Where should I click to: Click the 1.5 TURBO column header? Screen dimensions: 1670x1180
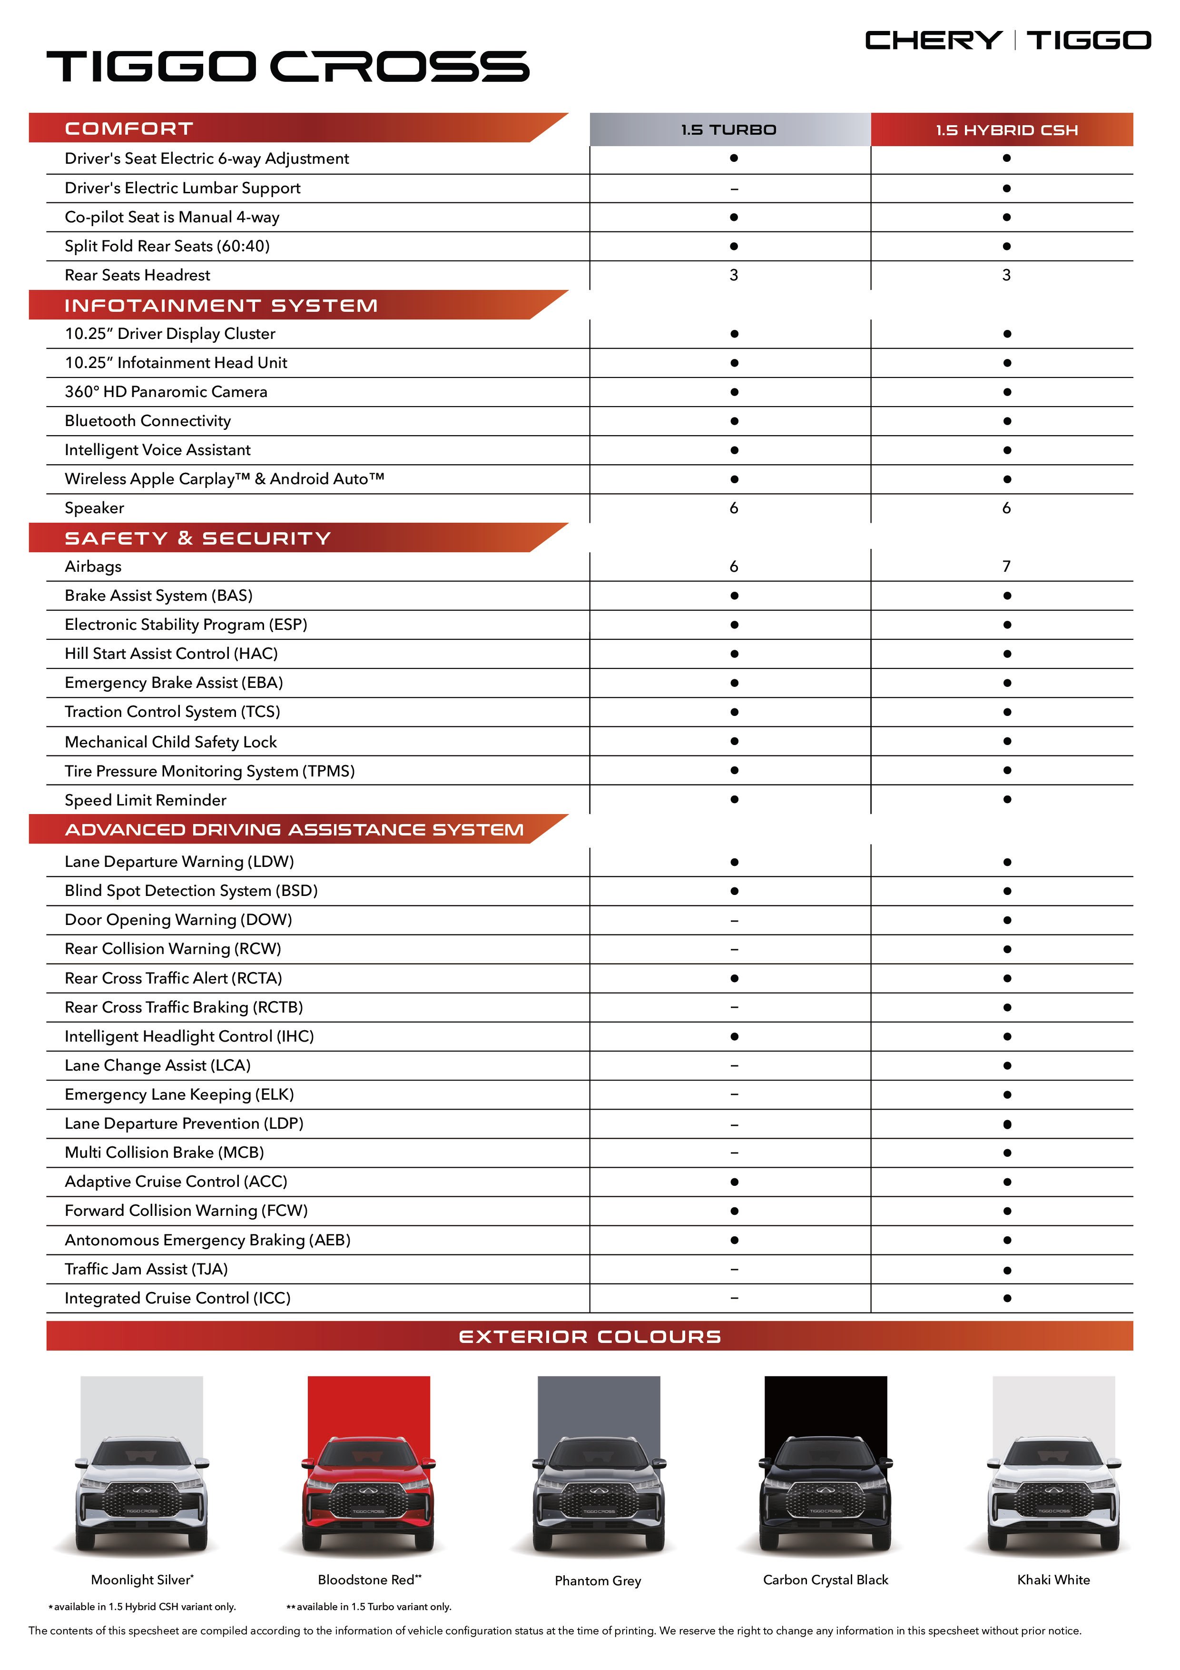(x=729, y=130)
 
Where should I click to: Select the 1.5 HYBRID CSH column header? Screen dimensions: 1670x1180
(x=1006, y=130)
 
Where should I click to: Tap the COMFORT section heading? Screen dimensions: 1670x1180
(x=129, y=129)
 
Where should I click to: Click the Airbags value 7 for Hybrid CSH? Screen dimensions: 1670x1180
(x=1006, y=567)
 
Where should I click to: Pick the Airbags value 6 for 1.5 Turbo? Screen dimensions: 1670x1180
(x=734, y=567)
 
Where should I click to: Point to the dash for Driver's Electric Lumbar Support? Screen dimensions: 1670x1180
(x=734, y=189)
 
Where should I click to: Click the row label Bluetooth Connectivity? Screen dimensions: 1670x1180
(x=147, y=421)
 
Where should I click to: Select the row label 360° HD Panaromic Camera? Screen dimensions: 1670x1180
(x=166, y=392)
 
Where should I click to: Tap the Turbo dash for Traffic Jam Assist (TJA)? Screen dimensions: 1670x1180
(x=734, y=1269)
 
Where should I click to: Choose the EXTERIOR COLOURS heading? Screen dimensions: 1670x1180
(x=590, y=1337)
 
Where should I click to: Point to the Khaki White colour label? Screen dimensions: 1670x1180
(x=1053, y=1580)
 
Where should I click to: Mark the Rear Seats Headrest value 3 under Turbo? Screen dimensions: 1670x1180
(x=734, y=276)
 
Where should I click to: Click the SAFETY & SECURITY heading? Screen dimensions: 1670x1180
(x=198, y=538)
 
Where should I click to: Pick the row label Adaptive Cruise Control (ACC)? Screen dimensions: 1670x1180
(x=176, y=1182)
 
